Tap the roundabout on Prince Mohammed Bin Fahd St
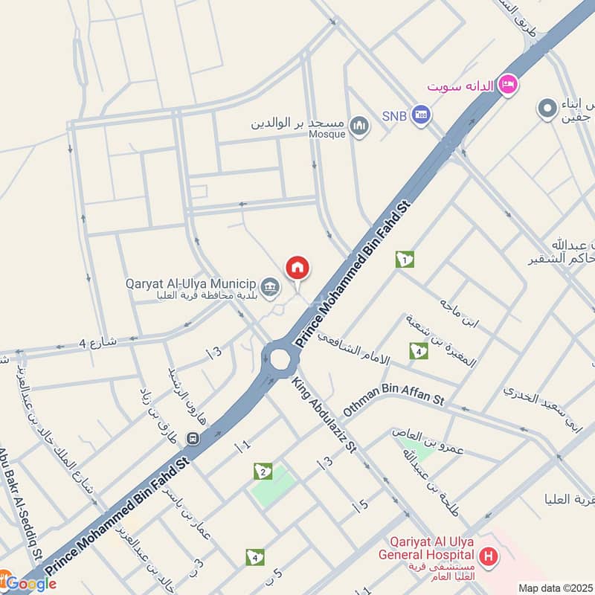(280, 358)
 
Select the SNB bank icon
(422, 116)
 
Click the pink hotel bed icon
(509, 83)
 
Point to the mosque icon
(360, 126)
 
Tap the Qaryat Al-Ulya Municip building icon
(271, 285)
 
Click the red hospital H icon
(488, 555)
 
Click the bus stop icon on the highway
(193, 439)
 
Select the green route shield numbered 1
(405, 259)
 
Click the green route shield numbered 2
(262, 471)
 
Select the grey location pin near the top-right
(547, 109)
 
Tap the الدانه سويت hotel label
(461, 86)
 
